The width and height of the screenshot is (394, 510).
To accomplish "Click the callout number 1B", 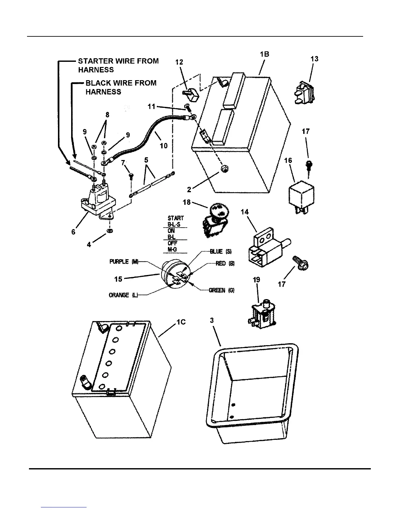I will tap(264, 54).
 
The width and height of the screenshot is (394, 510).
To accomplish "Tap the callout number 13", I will tap(314, 59).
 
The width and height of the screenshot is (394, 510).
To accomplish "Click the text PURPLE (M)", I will tap(124, 261).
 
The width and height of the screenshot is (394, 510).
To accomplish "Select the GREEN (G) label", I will tap(221, 290).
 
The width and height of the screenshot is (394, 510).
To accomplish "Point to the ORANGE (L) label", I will tap(123, 295).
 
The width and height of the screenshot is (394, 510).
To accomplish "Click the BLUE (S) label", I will tap(221, 251).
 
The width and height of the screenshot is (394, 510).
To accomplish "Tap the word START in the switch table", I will tap(176, 218).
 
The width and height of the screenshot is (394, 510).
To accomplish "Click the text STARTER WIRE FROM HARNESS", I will tap(118, 65).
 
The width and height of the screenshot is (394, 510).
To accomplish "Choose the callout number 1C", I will tap(181, 322).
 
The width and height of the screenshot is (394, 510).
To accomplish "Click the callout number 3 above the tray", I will tap(211, 320).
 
